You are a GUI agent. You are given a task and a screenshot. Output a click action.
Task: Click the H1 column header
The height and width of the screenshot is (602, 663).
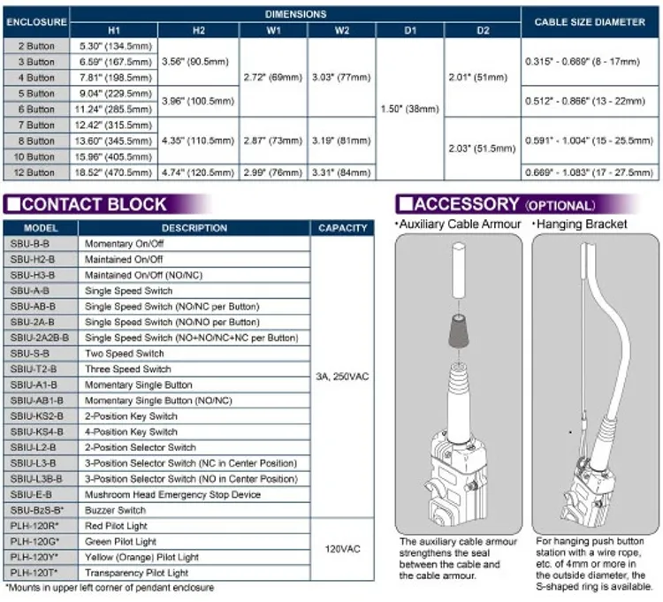pos(114,30)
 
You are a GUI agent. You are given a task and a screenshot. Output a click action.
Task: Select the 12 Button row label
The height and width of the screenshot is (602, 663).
pos(34,172)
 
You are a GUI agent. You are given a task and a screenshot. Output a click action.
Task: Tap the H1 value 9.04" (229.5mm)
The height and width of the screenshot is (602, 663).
pos(114,94)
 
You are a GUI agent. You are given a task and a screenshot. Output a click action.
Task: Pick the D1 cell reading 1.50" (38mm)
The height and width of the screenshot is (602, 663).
pos(409,109)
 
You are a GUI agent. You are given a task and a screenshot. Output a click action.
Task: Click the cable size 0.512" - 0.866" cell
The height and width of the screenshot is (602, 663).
pos(585,101)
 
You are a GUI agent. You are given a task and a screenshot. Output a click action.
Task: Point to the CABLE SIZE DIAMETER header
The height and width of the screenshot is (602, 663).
pos(590,22)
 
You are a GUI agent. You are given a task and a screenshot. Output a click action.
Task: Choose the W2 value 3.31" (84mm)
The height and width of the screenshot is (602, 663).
pos(341,172)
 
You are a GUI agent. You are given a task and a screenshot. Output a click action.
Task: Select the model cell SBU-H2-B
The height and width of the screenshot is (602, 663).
pos(33,259)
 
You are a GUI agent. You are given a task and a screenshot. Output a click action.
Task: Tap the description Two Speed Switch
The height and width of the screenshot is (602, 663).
pos(125,354)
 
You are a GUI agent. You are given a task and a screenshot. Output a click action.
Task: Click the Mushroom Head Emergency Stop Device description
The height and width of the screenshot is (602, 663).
pos(172,495)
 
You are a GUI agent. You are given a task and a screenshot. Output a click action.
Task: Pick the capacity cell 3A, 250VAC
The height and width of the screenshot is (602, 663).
pos(342,377)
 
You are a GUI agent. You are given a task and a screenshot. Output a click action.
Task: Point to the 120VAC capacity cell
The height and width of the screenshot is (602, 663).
pos(342,549)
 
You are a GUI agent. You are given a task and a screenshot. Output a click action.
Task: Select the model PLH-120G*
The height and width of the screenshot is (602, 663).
pos(34,542)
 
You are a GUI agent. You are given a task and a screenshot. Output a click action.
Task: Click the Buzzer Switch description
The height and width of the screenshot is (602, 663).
pos(115,510)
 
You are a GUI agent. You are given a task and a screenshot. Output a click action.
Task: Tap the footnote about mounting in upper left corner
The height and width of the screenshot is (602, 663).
pos(110,588)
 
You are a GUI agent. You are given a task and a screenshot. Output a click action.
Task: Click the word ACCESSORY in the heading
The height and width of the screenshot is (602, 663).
pos(467,204)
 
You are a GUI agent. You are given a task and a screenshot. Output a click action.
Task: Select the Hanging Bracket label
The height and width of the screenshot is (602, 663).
pos(582,224)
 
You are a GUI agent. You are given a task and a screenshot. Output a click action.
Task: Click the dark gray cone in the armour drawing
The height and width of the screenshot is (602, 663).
pos(459,331)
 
